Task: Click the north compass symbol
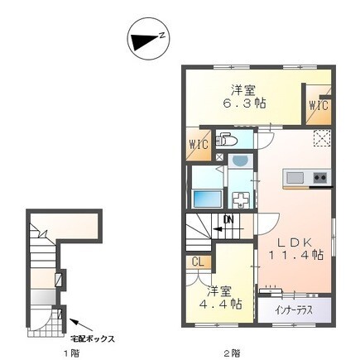(x=148, y=38)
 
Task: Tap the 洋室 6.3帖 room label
(x=244, y=96)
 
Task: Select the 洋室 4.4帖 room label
(x=220, y=297)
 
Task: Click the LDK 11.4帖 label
(x=295, y=248)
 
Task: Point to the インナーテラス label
(x=294, y=310)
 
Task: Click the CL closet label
(x=198, y=262)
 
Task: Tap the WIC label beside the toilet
(x=199, y=144)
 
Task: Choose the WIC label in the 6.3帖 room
(x=319, y=106)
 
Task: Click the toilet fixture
(x=226, y=140)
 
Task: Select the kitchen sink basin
(x=295, y=178)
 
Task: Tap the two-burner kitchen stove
(x=320, y=177)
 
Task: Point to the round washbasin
(x=240, y=161)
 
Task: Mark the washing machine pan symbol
(x=241, y=199)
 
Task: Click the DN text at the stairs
(x=228, y=220)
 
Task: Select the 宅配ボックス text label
(x=93, y=338)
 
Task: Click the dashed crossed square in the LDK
(x=322, y=137)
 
